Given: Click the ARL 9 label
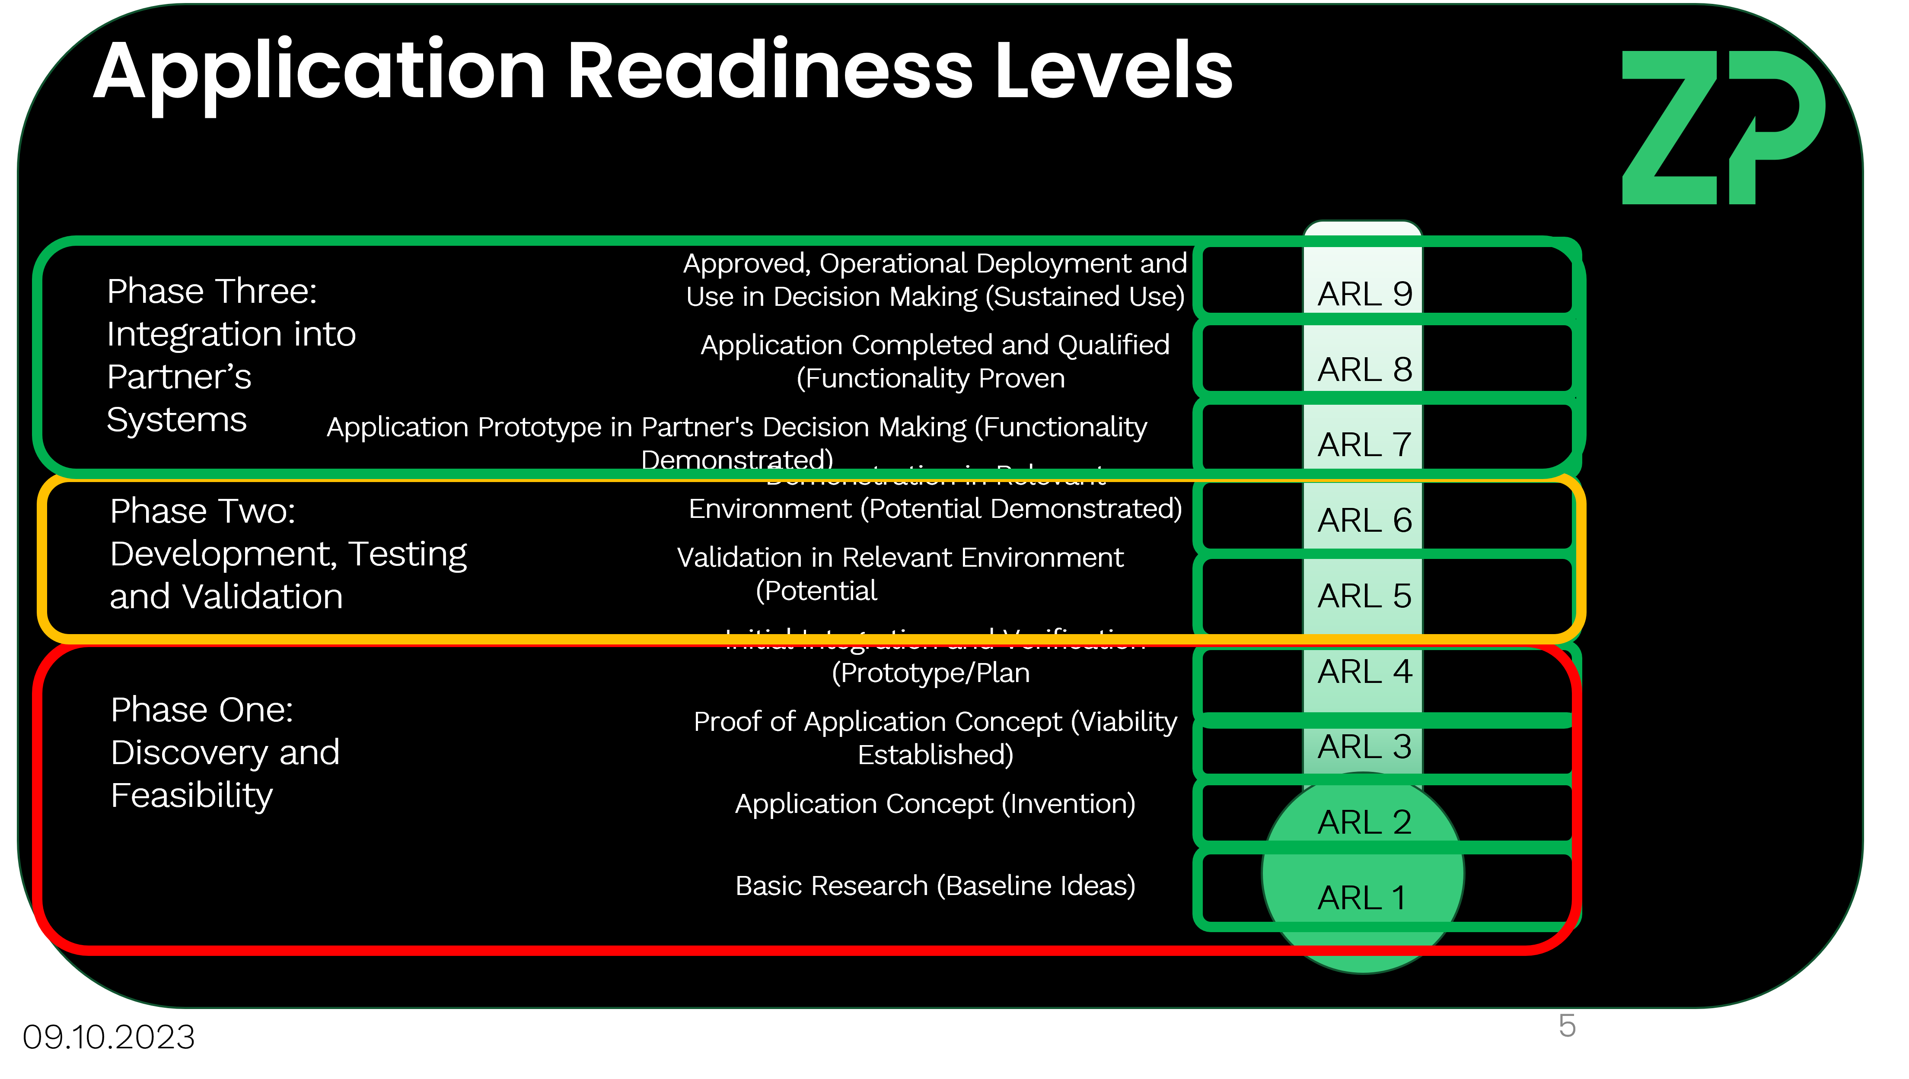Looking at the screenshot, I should click(1364, 294).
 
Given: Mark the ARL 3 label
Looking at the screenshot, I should click(1364, 747).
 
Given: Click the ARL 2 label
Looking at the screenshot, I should click(1364, 822).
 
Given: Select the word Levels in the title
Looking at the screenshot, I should click(1113, 71).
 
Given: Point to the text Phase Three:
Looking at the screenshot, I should click(212, 291).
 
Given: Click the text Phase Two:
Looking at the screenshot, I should click(202, 511).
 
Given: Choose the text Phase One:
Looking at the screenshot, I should click(202, 710).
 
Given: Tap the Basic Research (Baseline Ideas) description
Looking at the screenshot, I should click(935, 885).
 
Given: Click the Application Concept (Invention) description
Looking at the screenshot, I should click(935, 804).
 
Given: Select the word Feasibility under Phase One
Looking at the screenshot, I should click(192, 796).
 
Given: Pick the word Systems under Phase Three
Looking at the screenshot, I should click(176, 420).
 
